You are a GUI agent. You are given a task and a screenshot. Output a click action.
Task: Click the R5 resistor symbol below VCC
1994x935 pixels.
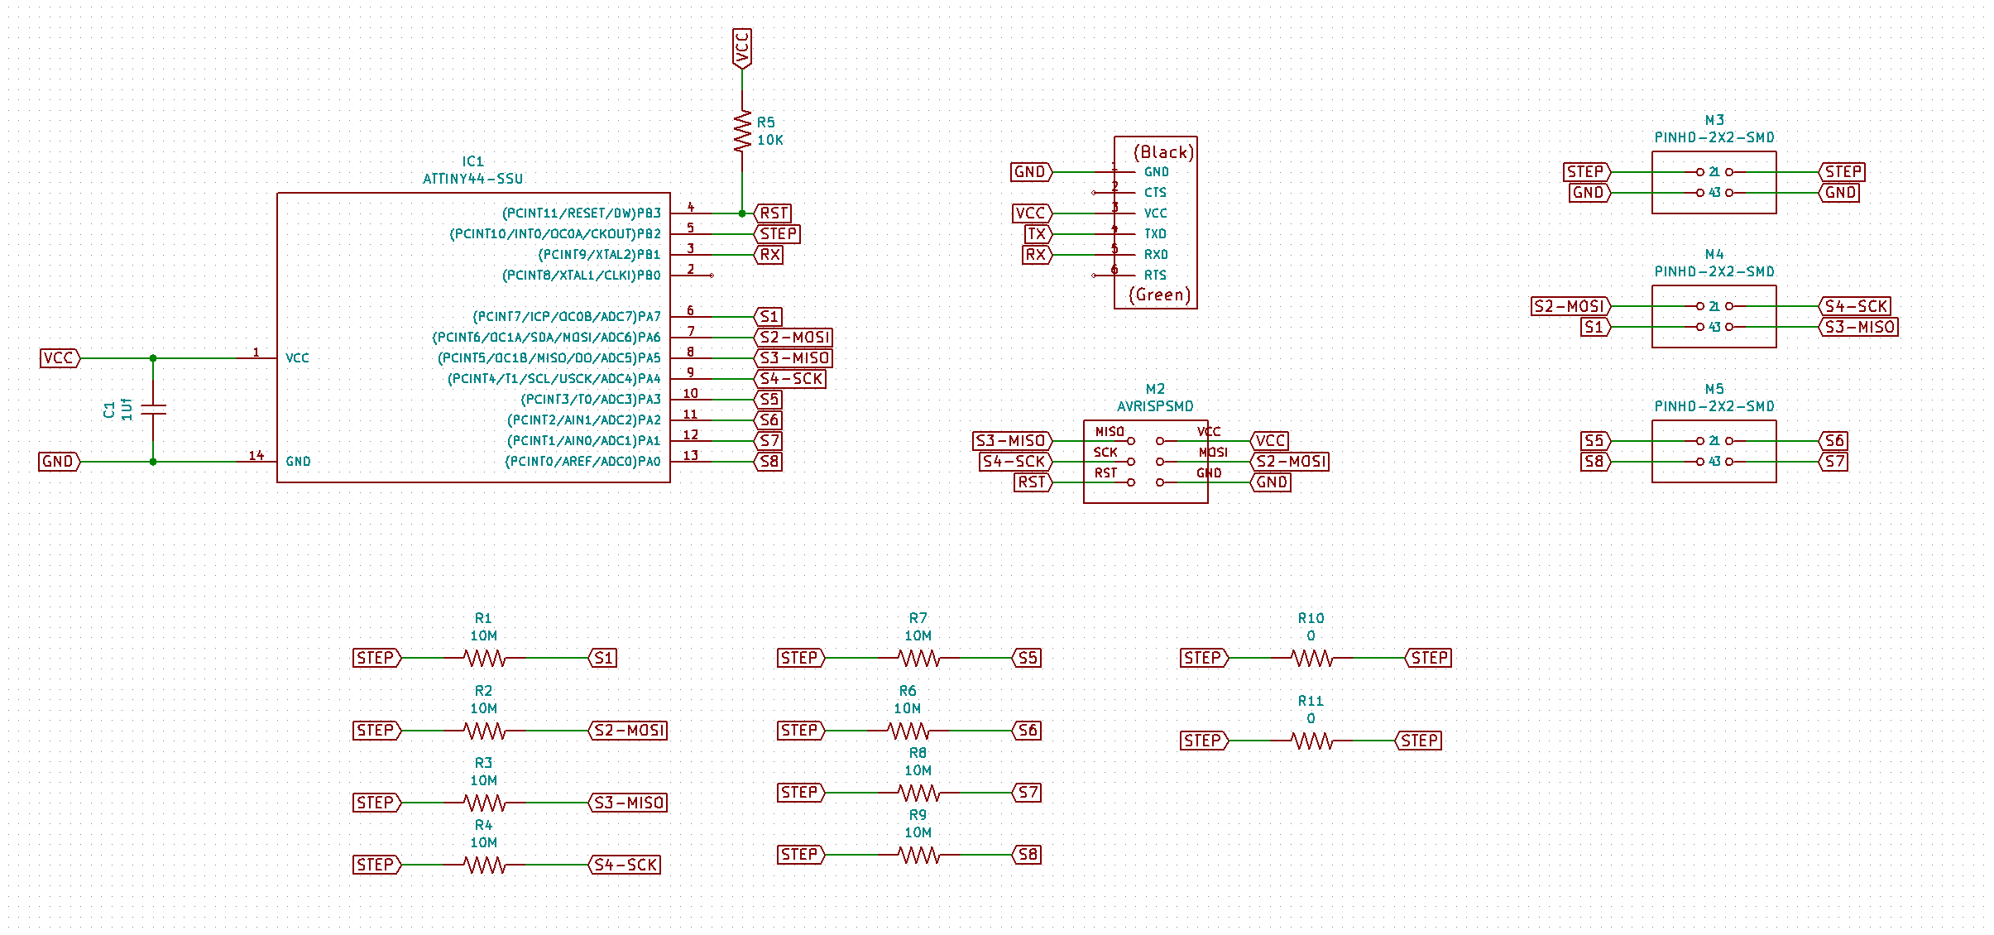[x=742, y=132]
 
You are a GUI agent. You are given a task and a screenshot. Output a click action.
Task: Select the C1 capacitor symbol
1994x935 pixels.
[x=153, y=409]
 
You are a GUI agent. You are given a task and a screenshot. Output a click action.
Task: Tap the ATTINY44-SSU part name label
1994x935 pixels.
[x=472, y=179]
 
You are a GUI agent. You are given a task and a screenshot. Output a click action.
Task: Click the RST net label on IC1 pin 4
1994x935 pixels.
[x=774, y=213]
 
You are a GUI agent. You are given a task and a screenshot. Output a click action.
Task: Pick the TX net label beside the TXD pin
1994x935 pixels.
[x=1037, y=234]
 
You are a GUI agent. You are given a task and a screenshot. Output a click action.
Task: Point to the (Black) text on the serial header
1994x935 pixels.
[x=1162, y=152]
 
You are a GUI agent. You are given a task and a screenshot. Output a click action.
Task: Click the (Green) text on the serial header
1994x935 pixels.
[x=1159, y=295]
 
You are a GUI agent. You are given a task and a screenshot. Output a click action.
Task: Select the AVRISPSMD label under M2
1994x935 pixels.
[x=1155, y=406]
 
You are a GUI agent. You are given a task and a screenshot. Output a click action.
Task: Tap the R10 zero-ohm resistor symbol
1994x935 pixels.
[x=1311, y=659]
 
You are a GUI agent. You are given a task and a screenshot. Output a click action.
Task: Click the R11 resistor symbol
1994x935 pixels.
[x=1311, y=741]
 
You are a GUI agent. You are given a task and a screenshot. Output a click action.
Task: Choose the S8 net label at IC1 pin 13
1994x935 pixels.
[x=769, y=462]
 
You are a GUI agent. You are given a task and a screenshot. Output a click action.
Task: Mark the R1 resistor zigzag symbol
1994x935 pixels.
[x=484, y=659]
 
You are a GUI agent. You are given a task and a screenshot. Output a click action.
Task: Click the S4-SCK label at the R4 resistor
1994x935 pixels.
[x=626, y=865]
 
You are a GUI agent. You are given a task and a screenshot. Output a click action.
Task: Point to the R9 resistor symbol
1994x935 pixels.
[x=918, y=855]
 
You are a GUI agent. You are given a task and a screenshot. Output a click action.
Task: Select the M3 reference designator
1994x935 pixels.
[x=1714, y=120]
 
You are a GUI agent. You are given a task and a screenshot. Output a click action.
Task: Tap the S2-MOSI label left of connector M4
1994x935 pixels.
[x=1569, y=307]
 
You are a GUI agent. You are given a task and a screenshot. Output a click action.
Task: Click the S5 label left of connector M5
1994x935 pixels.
[x=1594, y=441]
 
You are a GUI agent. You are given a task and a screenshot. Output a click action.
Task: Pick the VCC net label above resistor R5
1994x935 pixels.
[x=742, y=48]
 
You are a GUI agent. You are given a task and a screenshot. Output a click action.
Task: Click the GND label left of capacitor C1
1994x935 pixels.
[x=58, y=462]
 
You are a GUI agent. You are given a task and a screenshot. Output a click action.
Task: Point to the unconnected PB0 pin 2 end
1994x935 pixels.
[x=712, y=276]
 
